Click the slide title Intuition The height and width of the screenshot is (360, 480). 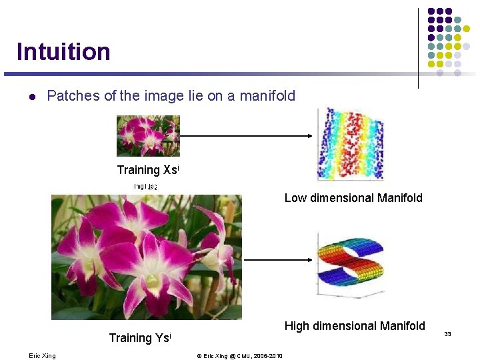tap(63, 51)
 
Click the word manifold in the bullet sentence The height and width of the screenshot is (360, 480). tap(267, 96)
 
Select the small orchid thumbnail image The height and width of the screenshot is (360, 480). tap(148, 136)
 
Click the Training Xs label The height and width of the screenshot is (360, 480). tap(147, 170)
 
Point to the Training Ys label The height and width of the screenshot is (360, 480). tap(140, 338)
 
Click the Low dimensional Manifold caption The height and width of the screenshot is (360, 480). tap(353, 198)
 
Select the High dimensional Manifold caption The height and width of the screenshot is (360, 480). tap(355, 326)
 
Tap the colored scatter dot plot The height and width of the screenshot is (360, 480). tap(351, 144)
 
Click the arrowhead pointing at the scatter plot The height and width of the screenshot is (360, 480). tap(309, 136)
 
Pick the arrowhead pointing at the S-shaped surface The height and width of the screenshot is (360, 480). tap(309, 259)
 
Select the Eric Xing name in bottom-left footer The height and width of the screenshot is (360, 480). tap(42, 356)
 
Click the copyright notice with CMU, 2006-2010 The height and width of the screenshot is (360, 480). tap(239, 356)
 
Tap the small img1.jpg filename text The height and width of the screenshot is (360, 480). tap(145, 186)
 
